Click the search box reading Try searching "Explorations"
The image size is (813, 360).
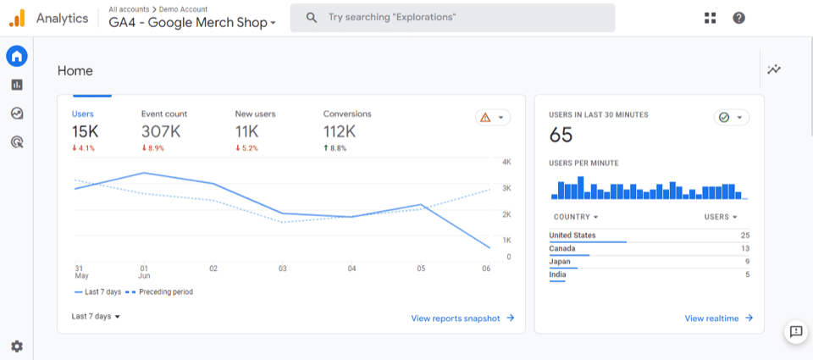click(x=452, y=18)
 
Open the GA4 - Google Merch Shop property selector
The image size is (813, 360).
click(x=192, y=23)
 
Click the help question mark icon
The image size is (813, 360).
click(x=738, y=18)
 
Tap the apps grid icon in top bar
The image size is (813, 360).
click(x=710, y=18)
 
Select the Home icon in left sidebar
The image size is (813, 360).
click(x=17, y=57)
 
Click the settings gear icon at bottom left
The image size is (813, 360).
click(x=17, y=346)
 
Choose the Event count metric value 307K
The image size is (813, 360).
click(x=160, y=131)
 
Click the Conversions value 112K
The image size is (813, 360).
click(x=340, y=131)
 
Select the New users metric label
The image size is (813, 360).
click(x=255, y=114)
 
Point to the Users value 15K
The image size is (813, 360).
click(x=86, y=131)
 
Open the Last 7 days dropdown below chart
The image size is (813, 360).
click(x=96, y=316)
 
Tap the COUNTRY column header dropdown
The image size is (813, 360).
click(x=576, y=217)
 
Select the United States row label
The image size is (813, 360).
click(x=572, y=235)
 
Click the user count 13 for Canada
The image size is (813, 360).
click(x=744, y=248)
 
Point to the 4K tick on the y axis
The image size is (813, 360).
click(x=506, y=161)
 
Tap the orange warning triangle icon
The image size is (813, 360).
click(x=485, y=118)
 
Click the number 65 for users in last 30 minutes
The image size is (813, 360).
click(x=561, y=135)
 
